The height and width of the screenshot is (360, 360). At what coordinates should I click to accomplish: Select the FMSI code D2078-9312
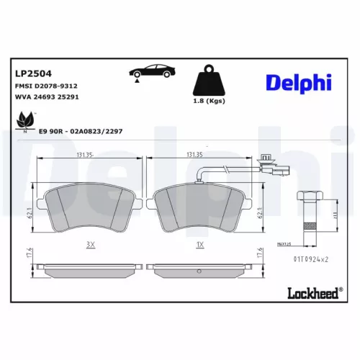click(x=46, y=85)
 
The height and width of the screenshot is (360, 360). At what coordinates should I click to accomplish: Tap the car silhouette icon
click(x=150, y=71)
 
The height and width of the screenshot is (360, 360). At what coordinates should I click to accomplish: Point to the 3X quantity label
click(x=91, y=245)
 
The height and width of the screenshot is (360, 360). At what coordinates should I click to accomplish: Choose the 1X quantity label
click(x=201, y=245)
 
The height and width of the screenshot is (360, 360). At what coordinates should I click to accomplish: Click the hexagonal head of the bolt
click(x=310, y=197)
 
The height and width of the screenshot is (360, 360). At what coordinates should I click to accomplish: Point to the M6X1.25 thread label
click(x=288, y=244)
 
